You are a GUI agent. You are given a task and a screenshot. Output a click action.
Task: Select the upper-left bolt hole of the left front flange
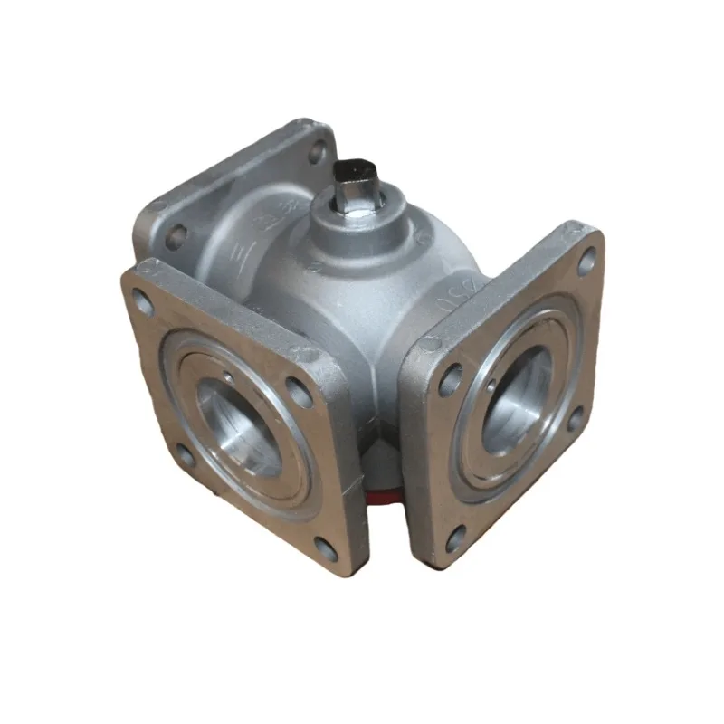(x=143, y=301)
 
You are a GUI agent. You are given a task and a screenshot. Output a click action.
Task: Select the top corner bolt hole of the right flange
(x=586, y=262)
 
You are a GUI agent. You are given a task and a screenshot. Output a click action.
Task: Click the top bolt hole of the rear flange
(x=317, y=154)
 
